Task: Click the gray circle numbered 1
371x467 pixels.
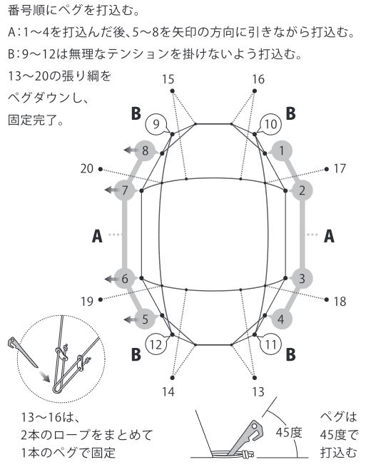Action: (281, 151)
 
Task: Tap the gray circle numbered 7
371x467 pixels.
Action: (125, 190)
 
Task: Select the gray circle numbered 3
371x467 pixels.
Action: (302, 279)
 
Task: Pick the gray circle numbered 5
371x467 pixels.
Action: (145, 319)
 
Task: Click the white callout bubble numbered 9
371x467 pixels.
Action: (156, 124)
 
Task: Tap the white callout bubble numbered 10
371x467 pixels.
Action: (270, 124)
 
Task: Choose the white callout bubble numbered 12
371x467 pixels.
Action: (156, 345)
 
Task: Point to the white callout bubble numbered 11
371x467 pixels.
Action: (271, 345)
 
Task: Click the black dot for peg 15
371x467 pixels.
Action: (172, 91)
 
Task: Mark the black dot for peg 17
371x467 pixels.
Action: (327, 169)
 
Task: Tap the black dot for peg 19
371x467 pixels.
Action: (101, 299)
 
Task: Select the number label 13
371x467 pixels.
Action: (258, 392)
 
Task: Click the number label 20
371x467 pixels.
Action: (87, 169)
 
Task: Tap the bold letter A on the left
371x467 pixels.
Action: (97, 236)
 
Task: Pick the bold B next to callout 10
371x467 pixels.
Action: (291, 113)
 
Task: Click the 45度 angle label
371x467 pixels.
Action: (289, 432)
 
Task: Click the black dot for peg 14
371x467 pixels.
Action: (172, 378)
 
